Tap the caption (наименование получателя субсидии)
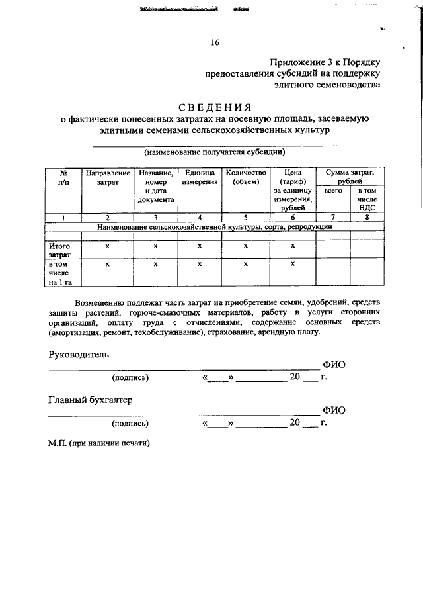(215, 152)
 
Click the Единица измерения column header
(200, 177)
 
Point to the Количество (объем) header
(245, 177)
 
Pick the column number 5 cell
(245, 217)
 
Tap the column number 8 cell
(367, 217)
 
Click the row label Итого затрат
(60, 250)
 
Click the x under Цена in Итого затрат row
(292, 246)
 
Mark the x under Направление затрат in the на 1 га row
(108, 264)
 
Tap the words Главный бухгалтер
(91, 400)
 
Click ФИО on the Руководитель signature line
(333, 365)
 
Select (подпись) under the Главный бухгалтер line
(131, 422)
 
